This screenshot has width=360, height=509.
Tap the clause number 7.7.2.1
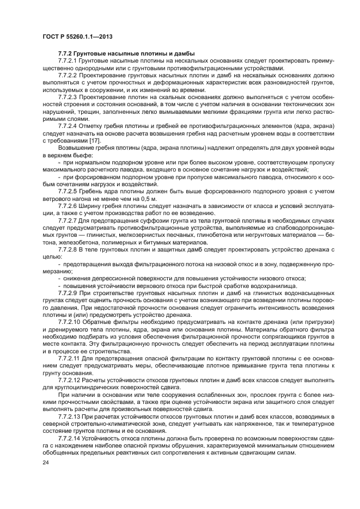pyautogui.click(x=69, y=61)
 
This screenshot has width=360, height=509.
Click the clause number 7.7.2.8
pyautogui.click(x=69, y=248)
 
